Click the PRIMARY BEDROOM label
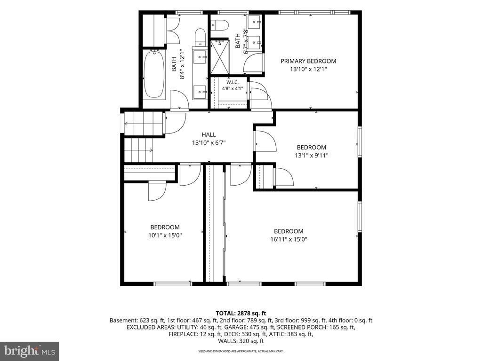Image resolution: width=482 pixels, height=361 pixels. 308,61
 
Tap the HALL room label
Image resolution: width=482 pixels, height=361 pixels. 209,134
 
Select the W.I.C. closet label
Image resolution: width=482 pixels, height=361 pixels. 233,82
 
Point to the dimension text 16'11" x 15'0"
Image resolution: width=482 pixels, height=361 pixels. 289,239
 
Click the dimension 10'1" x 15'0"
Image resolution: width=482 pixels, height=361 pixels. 165,235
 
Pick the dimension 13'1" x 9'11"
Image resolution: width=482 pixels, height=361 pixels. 312,155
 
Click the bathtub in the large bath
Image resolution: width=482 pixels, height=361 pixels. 154,74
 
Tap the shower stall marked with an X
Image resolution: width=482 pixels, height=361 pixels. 220,57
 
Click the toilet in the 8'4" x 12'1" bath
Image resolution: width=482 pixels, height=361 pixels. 200,37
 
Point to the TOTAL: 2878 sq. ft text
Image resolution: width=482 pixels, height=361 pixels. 241,314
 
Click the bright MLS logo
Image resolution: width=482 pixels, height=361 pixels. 30,350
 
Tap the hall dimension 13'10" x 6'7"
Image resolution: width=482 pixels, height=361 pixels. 209,143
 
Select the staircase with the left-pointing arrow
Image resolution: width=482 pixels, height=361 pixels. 143,124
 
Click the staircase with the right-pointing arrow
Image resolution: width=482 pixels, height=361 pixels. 139,150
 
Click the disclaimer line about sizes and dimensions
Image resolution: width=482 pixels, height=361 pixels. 241,351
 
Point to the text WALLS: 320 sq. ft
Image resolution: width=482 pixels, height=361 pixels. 241,341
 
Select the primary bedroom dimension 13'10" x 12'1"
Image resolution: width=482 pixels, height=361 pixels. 308,70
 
